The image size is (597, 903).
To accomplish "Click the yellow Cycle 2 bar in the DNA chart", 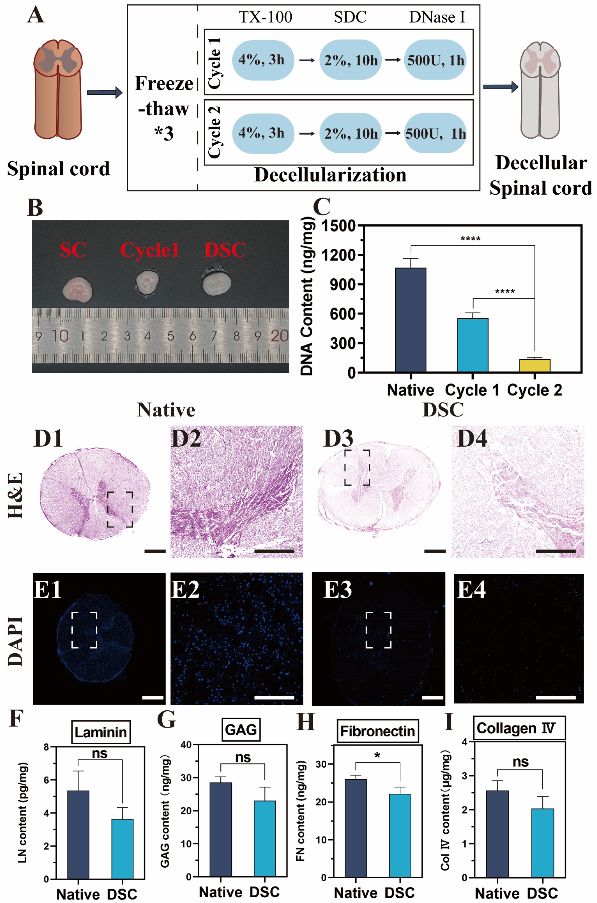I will [535, 365].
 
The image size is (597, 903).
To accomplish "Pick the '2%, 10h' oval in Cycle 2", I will [350, 133].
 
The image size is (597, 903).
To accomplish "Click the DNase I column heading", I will [437, 17].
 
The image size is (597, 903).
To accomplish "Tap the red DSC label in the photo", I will [225, 250].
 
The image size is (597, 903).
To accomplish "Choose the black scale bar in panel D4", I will [555, 551].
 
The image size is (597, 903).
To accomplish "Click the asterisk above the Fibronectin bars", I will [377, 755].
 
